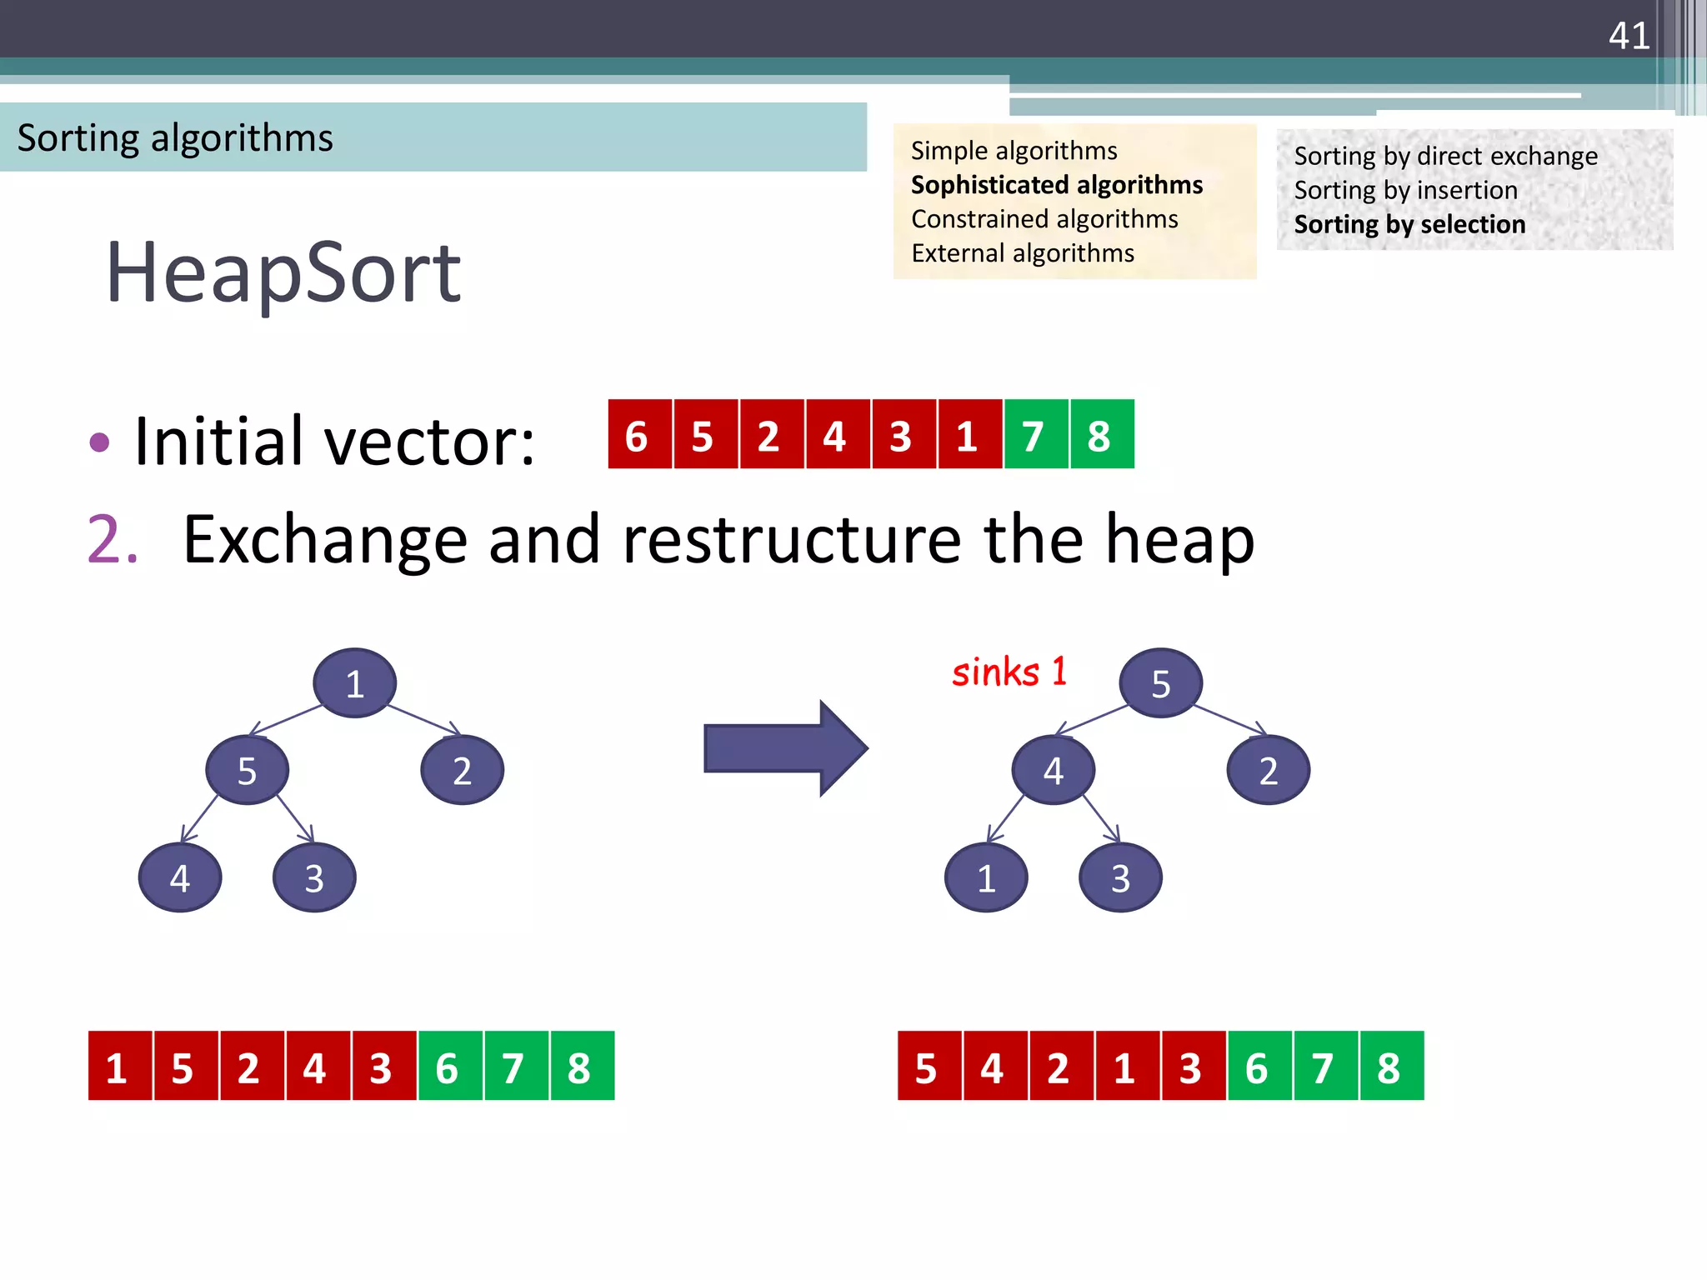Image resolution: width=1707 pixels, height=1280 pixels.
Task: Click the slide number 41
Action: point(1629,36)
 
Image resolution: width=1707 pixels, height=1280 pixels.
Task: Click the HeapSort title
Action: point(283,272)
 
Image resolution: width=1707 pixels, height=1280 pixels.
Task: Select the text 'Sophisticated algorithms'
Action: point(1056,185)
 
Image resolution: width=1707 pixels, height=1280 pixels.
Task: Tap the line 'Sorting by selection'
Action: point(1409,225)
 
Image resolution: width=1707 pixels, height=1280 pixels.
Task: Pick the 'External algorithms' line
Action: point(1023,253)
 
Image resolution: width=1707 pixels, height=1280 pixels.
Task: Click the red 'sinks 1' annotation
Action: point(1009,672)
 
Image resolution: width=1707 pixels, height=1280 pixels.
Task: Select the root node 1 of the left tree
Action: point(354,683)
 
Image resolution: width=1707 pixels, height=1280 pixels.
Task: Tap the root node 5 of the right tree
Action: point(1160,683)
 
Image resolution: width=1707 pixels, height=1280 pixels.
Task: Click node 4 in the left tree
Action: point(180,877)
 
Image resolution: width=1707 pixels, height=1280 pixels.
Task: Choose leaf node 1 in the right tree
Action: point(986,877)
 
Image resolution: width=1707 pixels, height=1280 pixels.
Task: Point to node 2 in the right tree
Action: point(1268,770)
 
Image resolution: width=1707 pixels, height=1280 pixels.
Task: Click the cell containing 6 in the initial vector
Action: point(639,435)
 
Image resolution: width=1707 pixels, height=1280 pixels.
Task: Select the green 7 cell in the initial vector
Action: point(1035,435)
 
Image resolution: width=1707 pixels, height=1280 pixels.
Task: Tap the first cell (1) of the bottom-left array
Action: point(119,1067)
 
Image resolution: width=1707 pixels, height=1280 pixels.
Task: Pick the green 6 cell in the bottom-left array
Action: point(449,1067)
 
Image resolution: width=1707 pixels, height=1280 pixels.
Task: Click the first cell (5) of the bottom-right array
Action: point(929,1067)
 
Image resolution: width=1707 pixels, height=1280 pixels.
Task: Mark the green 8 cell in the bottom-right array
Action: point(1391,1067)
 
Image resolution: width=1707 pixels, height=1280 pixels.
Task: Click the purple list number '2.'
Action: point(113,540)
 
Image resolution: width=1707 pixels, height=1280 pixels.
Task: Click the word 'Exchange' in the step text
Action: point(324,540)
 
